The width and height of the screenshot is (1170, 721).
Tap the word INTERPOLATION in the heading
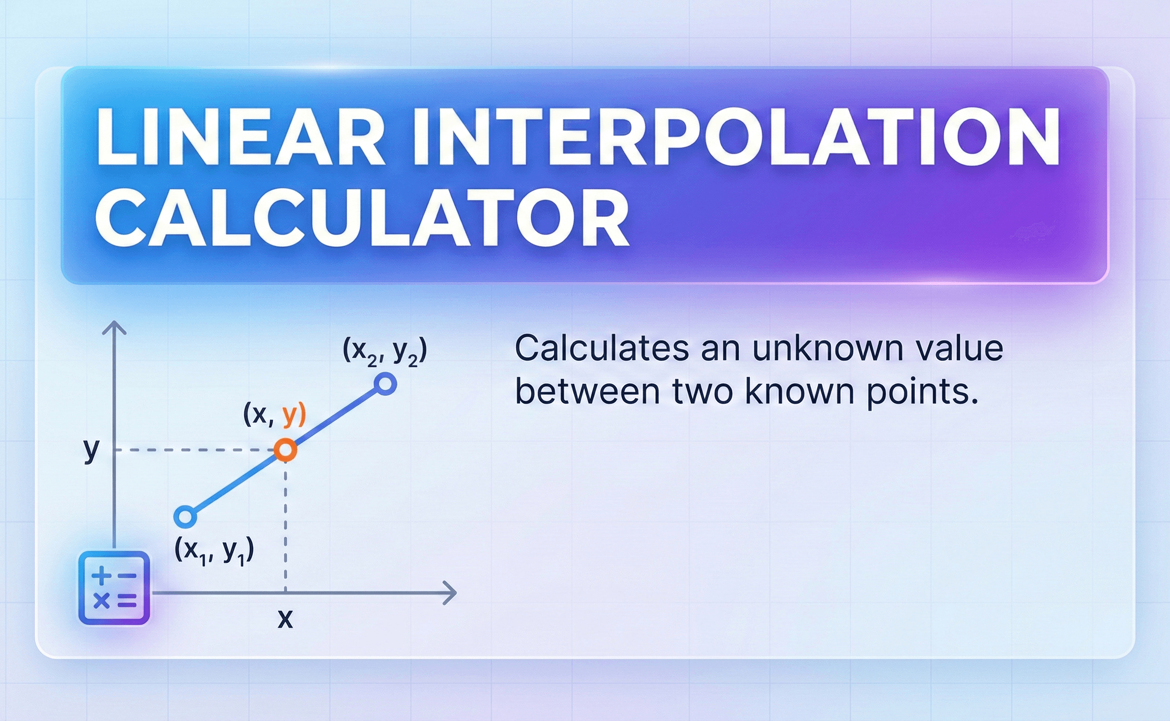pos(736,137)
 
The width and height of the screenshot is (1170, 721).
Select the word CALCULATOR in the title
pos(362,217)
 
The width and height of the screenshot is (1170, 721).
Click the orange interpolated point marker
pos(286,450)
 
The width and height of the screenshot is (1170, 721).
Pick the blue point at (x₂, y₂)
pos(385,384)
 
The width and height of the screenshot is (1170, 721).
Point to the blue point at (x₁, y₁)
pos(186,517)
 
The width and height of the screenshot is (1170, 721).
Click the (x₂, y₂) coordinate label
pos(385,353)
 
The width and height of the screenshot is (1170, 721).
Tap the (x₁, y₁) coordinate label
pos(214,551)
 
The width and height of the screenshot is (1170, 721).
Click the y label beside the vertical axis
pos(91,450)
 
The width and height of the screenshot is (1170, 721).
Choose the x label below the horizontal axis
pos(286,619)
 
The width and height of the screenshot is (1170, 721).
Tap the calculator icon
pos(114,588)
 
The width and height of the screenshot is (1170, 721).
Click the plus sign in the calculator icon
pos(101,575)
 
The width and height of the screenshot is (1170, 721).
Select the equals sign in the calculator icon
pos(127,601)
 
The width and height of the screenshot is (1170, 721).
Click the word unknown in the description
pos(828,349)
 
